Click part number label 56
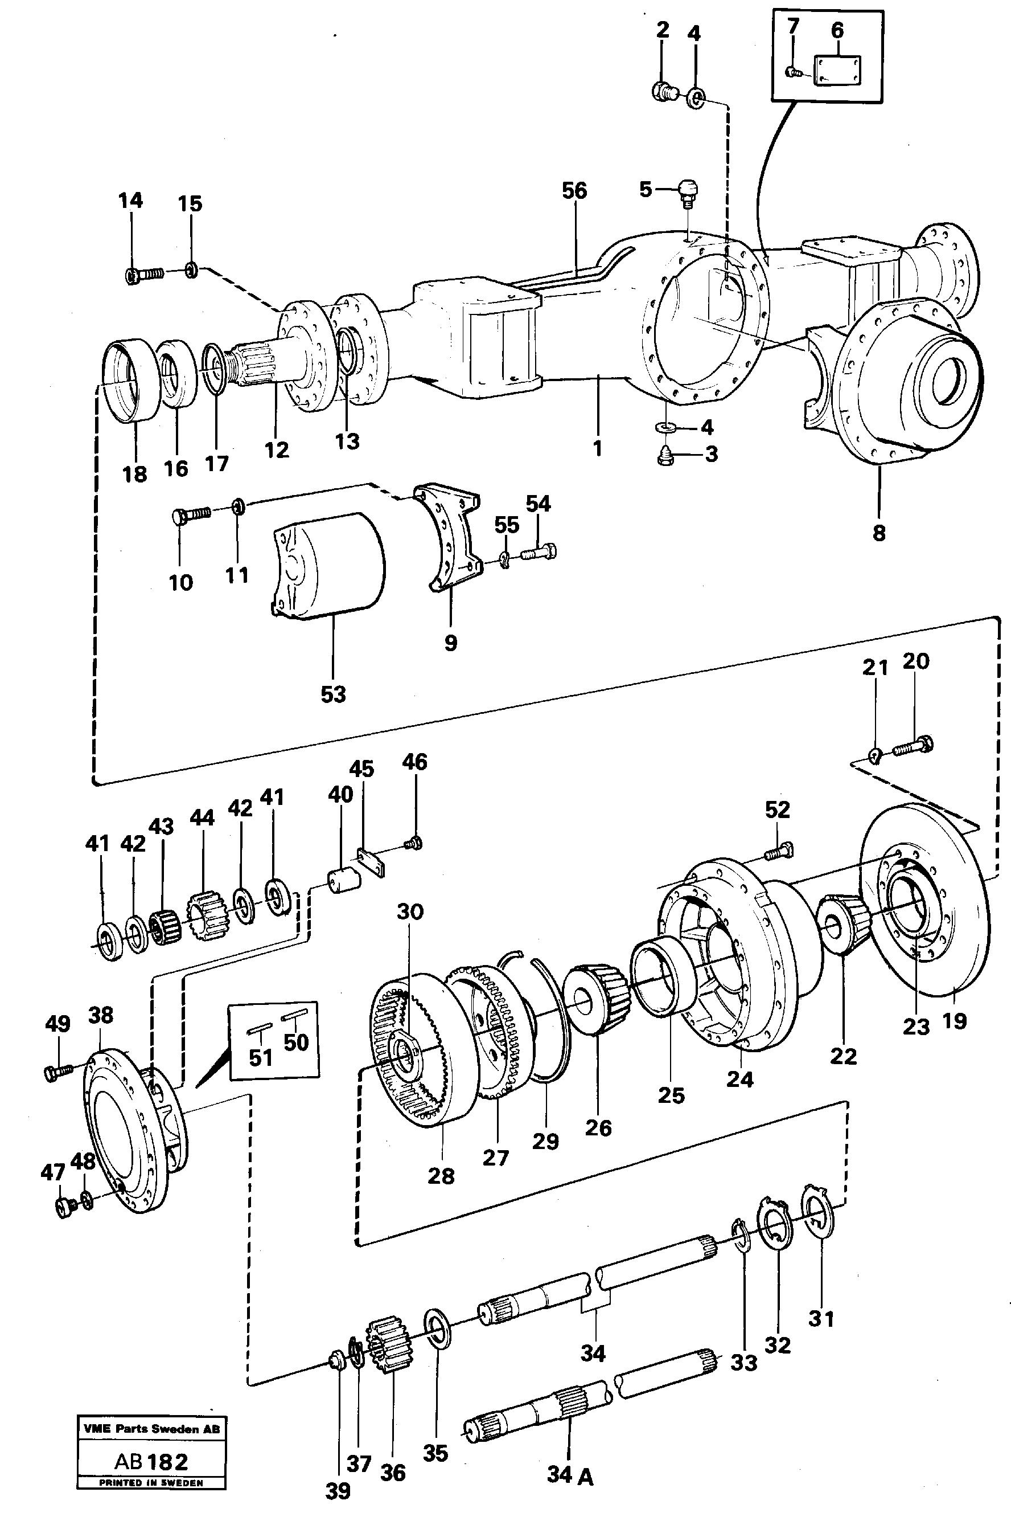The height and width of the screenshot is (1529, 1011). pos(574,191)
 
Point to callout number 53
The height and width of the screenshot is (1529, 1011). pos(334,694)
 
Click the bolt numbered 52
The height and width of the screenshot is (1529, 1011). pos(779,852)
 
